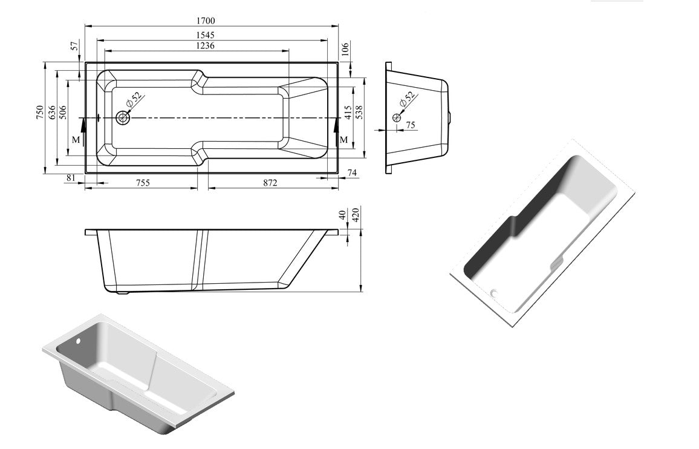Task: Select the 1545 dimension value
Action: click(x=206, y=35)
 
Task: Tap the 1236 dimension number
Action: click(x=206, y=46)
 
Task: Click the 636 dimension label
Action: click(x=52, y=113)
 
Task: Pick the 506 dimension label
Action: click(x=63, y=113)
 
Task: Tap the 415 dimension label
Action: click(x=348, y=113)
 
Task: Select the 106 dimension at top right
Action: click(x=345, y=48)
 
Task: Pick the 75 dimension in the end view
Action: click(x=411, y=125)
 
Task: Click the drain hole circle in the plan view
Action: click(x=123, y=118)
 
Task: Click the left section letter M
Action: click(x=75, y=140)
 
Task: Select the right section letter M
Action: click(x=343, y=140)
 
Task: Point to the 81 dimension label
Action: click(x=71, y=177)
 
